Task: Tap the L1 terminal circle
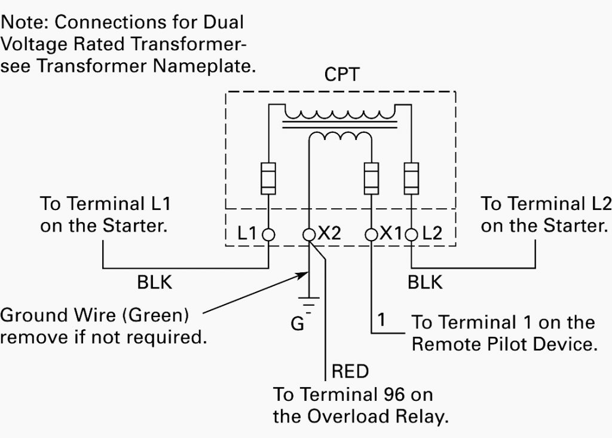(268, 234)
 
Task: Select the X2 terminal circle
(308, 234)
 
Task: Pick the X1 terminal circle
(371, 234)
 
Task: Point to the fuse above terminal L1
(268, 177)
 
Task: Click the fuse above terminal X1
(371, 177)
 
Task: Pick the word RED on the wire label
(350, 372)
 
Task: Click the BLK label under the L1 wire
(155, 282)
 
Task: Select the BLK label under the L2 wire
(426, 282)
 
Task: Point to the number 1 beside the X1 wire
(381, 322)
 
